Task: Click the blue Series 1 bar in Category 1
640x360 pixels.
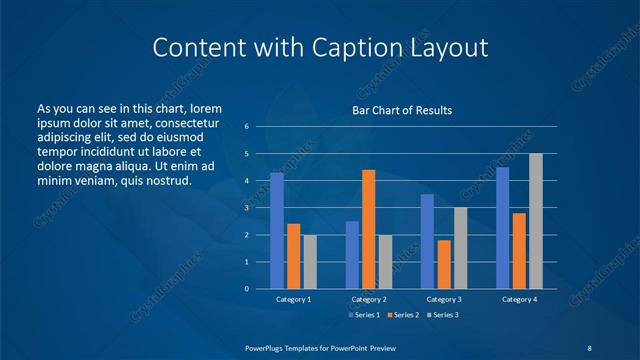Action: point(277,231)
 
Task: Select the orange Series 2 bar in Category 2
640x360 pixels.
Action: point(368,229)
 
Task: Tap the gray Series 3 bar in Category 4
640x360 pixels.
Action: point(535,221)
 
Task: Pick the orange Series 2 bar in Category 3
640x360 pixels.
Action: point(444,264)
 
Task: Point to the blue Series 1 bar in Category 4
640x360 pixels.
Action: point(502,228)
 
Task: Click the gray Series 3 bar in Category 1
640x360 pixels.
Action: point(310,262)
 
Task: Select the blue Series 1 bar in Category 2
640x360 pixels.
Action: point(352,255)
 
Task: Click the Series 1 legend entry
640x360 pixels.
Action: point(363,316)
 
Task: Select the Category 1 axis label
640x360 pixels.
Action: point(294,300)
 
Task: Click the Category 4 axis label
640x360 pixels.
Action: point(519,300)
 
